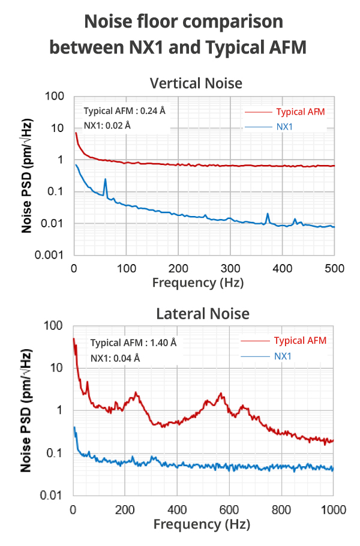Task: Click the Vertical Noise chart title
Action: [196, 83]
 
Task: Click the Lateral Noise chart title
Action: [202, 313]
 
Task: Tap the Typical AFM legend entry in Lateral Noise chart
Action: [300, 341]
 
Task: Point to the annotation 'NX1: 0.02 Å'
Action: [107, 125]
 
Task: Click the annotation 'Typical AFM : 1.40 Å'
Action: [133, 343]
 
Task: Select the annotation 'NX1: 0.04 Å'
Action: [115, 358]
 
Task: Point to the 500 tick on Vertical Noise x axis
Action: [334, 267]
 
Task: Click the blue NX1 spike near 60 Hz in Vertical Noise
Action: [105, 179]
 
